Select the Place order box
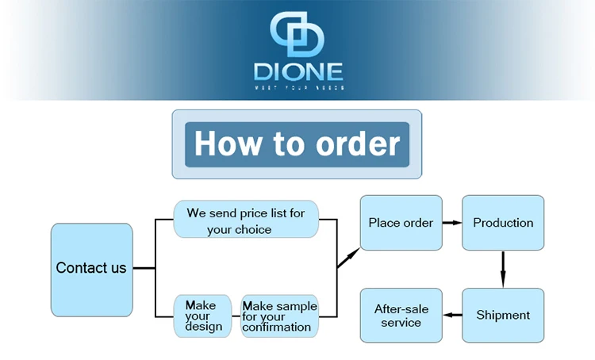[401, 223]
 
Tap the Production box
[503, 223]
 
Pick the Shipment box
[503, 315]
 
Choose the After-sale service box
[401, 316]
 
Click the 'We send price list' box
[245, 220]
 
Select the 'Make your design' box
[203, 316]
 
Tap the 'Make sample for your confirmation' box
[279, 316]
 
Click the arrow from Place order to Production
[452, 223]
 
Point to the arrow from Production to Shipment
[503, 270]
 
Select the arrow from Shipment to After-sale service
[452, 315]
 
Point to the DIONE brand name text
[297, 72]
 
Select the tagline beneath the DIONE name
[297, 88]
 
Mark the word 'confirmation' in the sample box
[277, 327]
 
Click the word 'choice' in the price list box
[253, 230]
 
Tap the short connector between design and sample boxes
[236, 316]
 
